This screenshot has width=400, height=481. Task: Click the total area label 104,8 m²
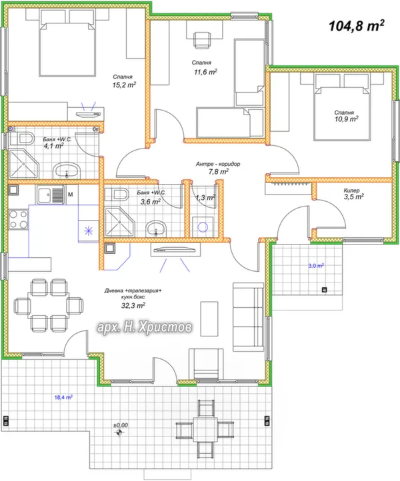tap(357, 26)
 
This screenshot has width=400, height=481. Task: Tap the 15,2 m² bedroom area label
tap(124, 85)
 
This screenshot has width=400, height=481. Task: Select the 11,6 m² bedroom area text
tap(205, 72)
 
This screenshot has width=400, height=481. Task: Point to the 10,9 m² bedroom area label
tap(347, 119)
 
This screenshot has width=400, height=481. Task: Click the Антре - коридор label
tap(218, 164)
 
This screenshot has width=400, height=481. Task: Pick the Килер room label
tap(351, 190)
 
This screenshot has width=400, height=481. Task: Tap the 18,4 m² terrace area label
tap(63, 397)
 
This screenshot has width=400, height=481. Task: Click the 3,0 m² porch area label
tap(316, 266)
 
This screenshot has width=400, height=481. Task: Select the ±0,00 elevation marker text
tap(121, 425)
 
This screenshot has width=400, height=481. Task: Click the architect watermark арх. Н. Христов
tap(145, 327)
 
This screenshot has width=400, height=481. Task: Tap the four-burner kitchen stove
tap(19, 219)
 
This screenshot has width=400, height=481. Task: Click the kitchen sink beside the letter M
tap(51, 195)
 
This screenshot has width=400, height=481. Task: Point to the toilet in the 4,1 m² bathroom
tap(22, 139)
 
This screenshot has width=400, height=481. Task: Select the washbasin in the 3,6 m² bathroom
tap(156, 229)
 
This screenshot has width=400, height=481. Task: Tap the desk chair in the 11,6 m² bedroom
tap(202, 40)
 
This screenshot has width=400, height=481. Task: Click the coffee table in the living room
tap(209, 318)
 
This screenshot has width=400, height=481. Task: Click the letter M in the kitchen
tap(70, 194)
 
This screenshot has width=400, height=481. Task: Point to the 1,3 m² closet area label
tap(205, 198)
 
